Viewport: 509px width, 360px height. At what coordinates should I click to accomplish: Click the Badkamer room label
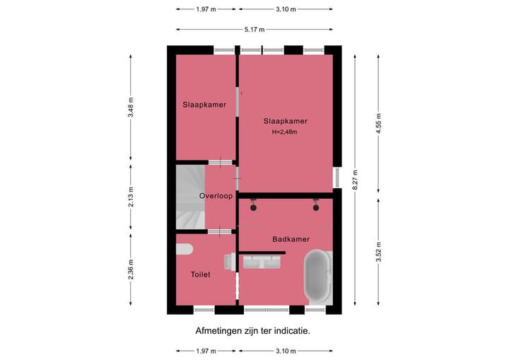point(291,240)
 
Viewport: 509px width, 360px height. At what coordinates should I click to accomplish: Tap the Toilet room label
point(200,274)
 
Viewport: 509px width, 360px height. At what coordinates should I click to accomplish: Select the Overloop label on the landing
point(216,196)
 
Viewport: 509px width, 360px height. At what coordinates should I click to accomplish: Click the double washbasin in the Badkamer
point(263,262)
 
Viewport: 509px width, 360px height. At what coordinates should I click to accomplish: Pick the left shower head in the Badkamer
point(252,207)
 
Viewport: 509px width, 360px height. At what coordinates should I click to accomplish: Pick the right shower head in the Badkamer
point(316,207)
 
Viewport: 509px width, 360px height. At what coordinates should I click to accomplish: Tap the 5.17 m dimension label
point(255,30)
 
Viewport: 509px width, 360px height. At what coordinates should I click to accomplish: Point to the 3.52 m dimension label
point(379,252)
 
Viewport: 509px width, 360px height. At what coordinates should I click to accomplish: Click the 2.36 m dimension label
point(131,272)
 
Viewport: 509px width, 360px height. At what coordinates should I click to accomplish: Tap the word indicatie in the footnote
point(289,330)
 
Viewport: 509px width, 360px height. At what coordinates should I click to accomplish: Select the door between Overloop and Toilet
point(220,231)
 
